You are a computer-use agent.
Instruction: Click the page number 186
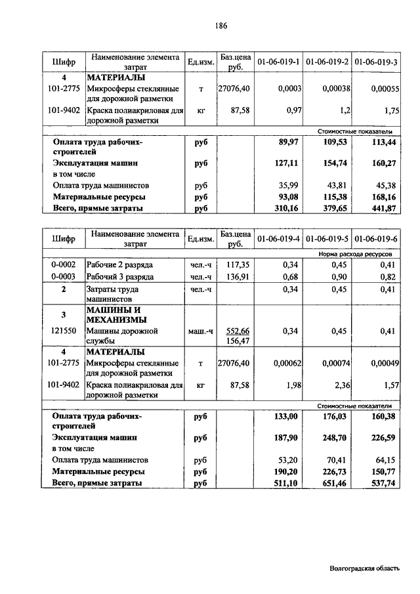[x=220, y=26]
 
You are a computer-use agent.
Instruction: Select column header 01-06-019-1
[x=278, y=62]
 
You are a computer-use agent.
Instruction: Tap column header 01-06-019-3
[x=376, y=62]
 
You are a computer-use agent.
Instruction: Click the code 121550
[x=64, y=331]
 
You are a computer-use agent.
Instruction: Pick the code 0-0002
[x=64, y=265]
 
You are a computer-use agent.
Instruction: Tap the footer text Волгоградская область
[x=364, y=569]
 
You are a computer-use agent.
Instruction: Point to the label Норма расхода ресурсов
[x=360, y=253]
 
